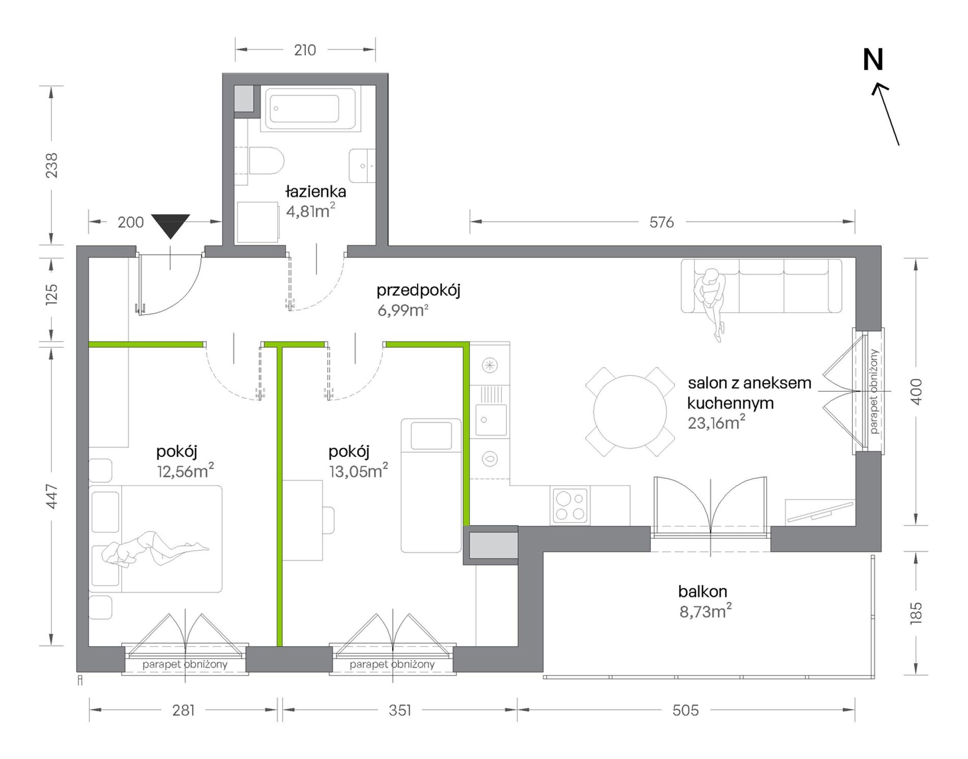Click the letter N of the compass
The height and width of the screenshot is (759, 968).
[873, 60]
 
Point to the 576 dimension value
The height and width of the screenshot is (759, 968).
[661, 222]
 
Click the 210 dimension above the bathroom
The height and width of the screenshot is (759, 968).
[305, 50]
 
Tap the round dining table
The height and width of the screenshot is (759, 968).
[630, 412]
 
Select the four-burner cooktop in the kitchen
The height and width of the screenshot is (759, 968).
[570, 505]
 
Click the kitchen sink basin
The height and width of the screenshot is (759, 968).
[491, 420]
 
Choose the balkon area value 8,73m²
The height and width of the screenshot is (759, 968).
[705, 611]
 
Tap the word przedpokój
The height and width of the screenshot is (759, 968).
[418, 291]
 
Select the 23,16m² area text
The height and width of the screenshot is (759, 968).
[716, 422]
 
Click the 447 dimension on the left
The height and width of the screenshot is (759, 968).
[52, 497]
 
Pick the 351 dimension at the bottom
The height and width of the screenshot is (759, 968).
[400, 710]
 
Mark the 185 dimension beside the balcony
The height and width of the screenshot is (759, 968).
[916, 613]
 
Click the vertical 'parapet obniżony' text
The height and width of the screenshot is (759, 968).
[874, 391]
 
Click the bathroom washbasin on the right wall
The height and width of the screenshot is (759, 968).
[362, 166]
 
